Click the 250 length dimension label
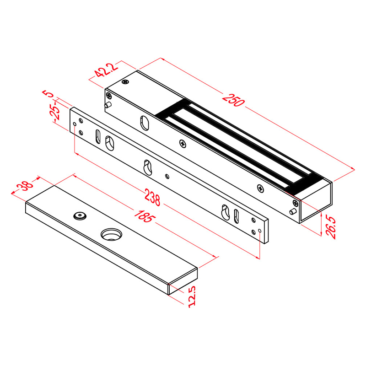[x=233, y=100]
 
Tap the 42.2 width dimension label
[x=106, y=70]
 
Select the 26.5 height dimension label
[x=331, y=227]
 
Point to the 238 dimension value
[x=152, y=197]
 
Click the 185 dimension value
[x=145, y=216]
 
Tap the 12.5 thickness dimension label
[x=192, y=296]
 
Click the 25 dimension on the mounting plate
[x=55, y=113]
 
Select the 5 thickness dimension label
[x=48, y=93]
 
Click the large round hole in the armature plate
[x=111, y=234]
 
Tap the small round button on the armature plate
[x=80, y=215]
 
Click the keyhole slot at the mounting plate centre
[x=147, y=167]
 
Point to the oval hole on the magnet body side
[x=145, y=123]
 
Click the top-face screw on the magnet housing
[x=125, y=82]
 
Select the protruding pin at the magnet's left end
[x=108, y=105]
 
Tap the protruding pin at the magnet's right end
[x=293, y=211]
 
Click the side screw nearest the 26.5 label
[x=296, y=203]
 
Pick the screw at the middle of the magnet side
[x=183, y=144]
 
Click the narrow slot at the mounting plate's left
[x=98, y=136]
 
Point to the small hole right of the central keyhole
[x=167, y=176]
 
